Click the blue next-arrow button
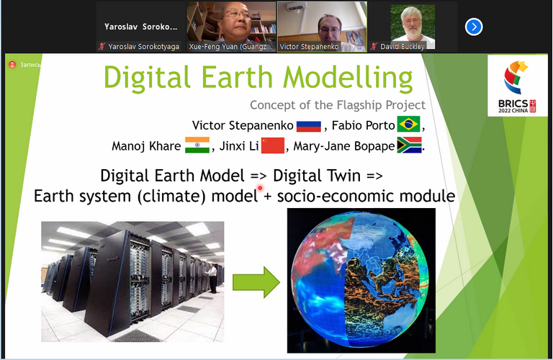click(473, 27)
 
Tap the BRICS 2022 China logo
click(517, 86)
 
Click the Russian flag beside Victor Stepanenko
click(309, 126)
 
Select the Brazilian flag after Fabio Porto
click(408, 124)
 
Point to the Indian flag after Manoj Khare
click(197, 145)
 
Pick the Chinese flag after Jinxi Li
click(273, 145)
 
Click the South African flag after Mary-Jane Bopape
click(409, 145)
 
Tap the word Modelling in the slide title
click(348, 78)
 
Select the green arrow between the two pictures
click(256, 282)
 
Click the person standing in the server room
click(212, 278)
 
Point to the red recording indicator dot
click(12, 65)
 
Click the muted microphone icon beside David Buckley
click(374, 47)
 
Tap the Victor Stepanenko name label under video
click(309, 47)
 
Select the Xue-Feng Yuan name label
click(230, 47)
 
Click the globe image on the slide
click(361, 281)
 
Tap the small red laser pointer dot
click(260, 188)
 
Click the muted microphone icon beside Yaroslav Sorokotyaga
click(102, 47)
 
